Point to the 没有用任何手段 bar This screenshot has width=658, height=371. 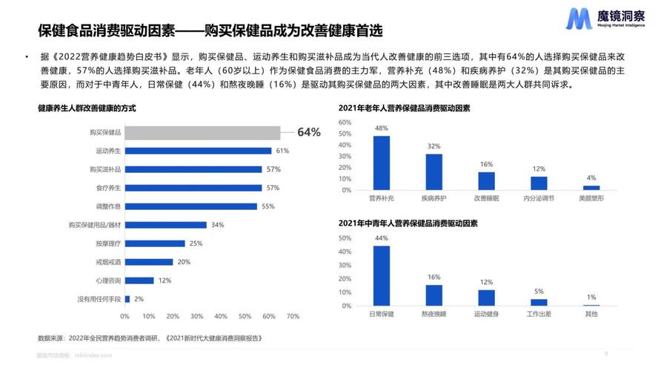127,299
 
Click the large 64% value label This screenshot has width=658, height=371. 309,132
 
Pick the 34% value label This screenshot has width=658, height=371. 218,225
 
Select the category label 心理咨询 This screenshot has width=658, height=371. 108,280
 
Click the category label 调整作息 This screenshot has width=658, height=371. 108,206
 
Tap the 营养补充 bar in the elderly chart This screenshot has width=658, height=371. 382,163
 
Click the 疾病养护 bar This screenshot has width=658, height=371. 434,172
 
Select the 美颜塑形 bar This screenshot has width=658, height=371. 591,188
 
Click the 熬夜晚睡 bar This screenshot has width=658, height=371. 434,295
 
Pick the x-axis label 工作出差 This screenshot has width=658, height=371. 539,315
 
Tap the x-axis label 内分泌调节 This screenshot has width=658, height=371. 539,199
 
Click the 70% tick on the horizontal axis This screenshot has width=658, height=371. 293,316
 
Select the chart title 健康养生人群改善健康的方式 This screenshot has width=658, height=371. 87,108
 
